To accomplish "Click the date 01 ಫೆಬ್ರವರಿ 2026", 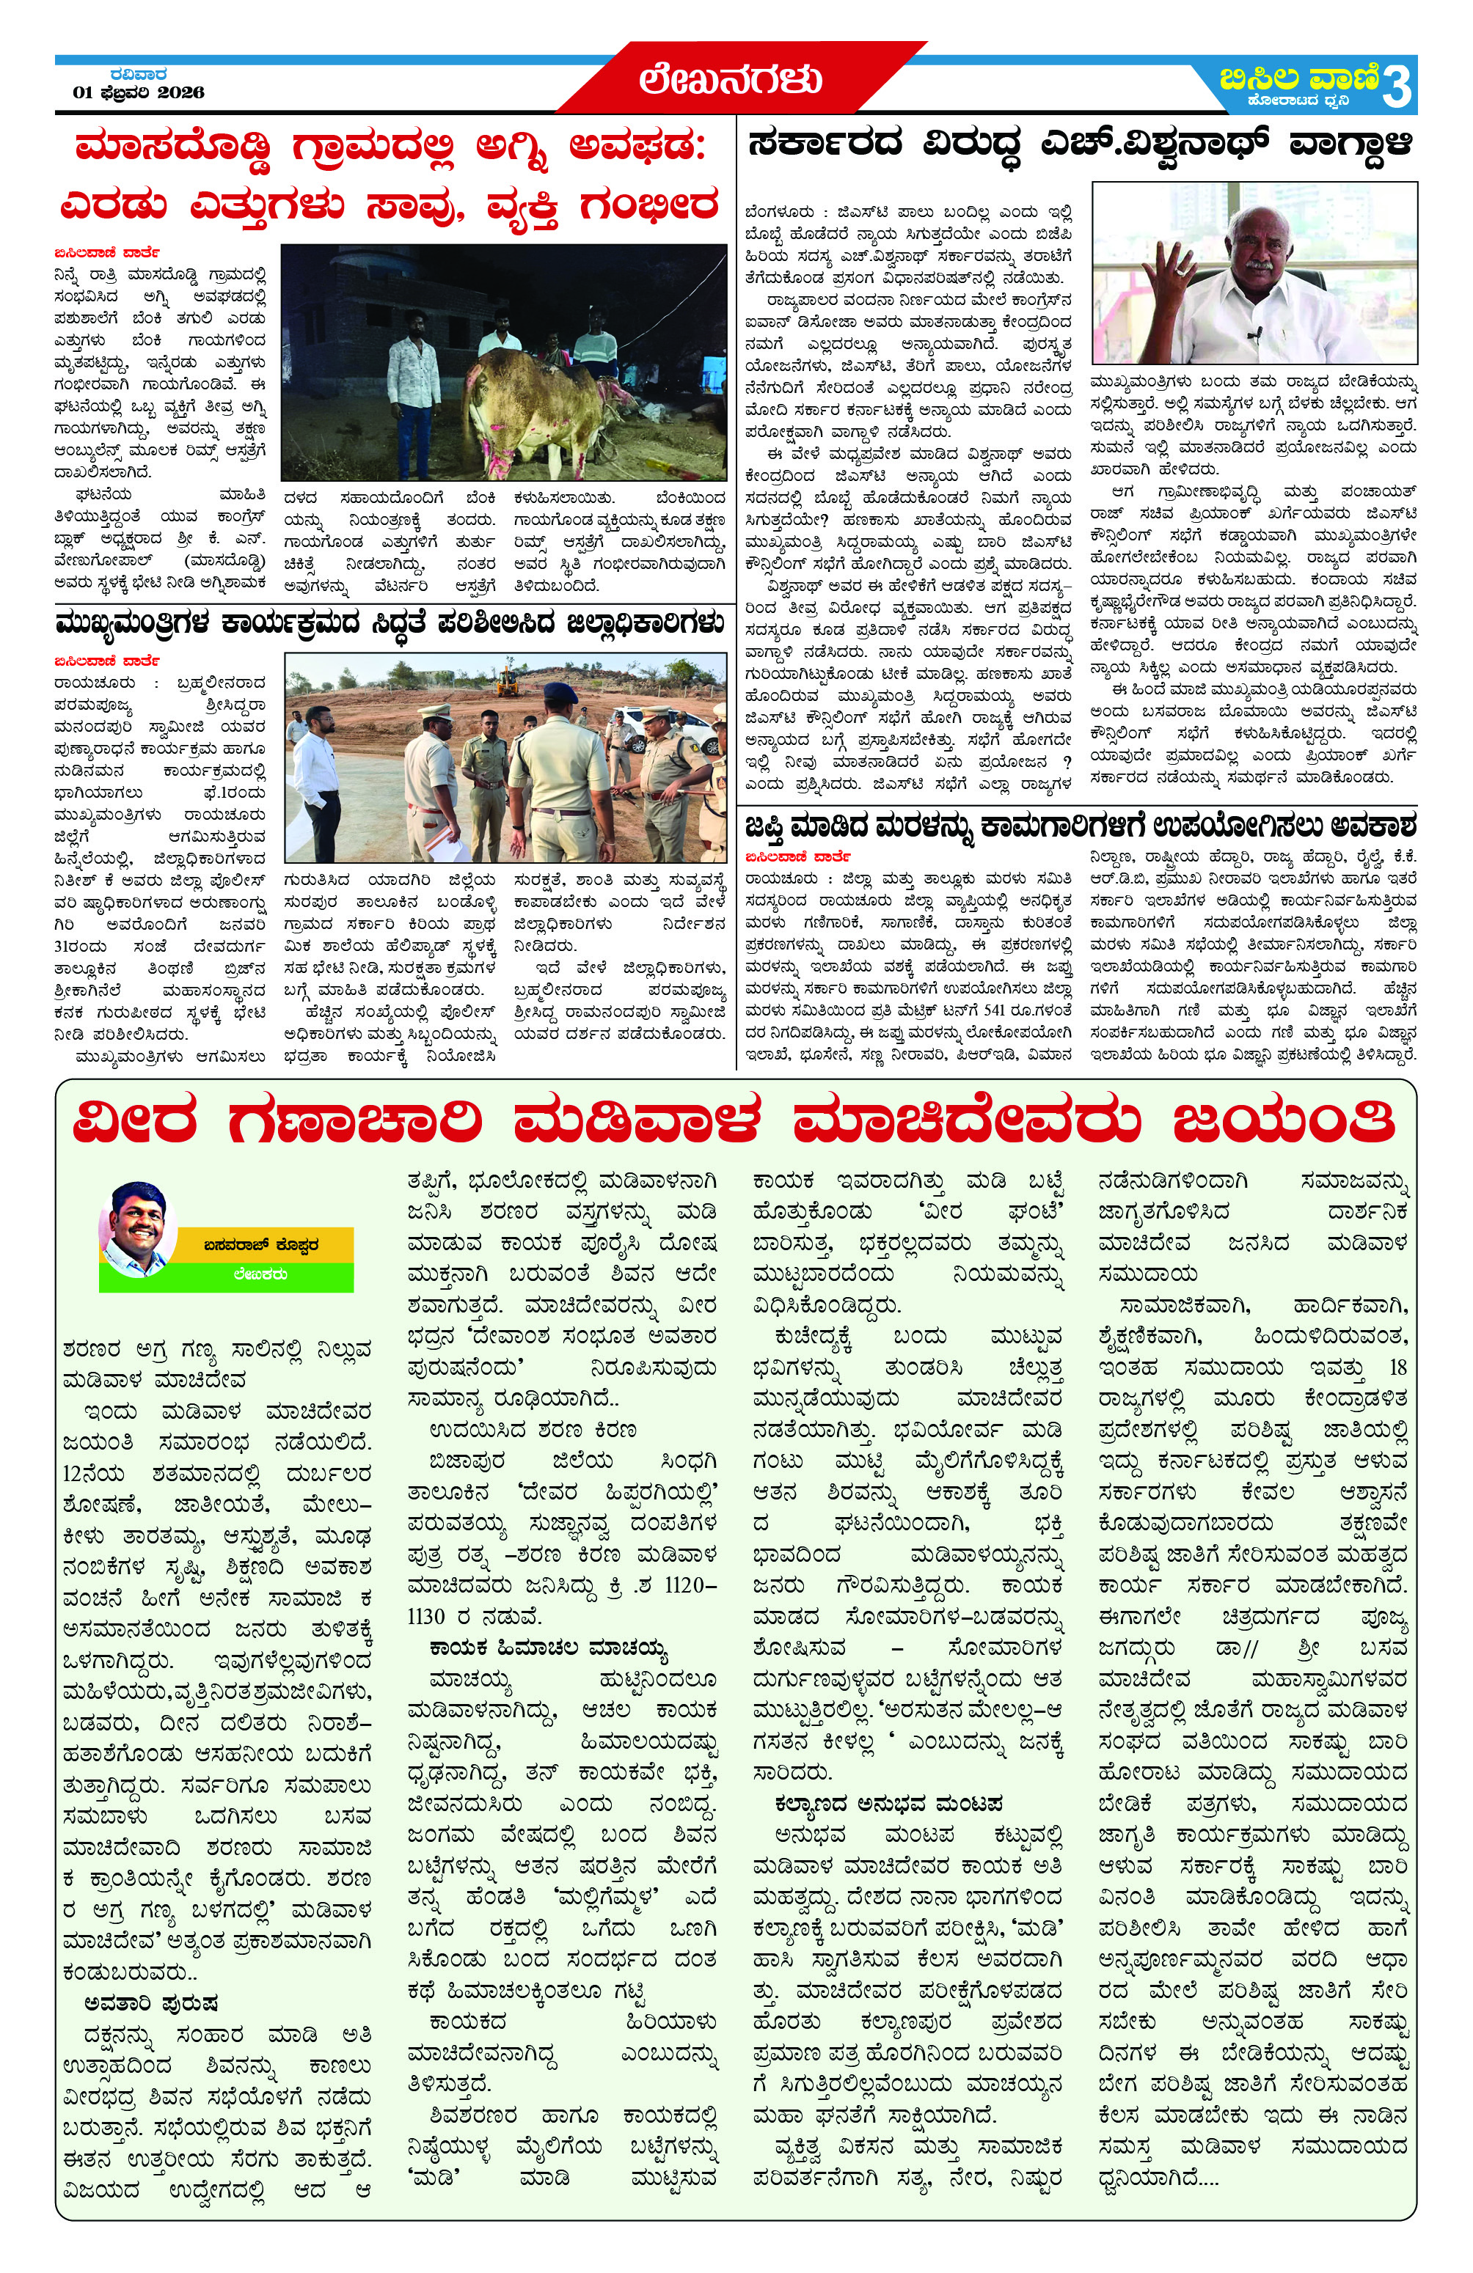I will click(139, 92).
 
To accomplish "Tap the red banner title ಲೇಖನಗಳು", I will click(731, 79).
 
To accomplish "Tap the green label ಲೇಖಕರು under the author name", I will click(259, 1274).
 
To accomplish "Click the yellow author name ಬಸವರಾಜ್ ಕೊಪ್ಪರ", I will click(259, 1245).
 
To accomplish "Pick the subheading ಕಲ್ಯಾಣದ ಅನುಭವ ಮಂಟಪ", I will click(888, 1804).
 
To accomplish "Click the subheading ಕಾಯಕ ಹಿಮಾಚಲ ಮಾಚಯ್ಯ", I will click(547, 1648).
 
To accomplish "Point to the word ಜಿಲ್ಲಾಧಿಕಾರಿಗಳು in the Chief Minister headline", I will click(646, 625).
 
